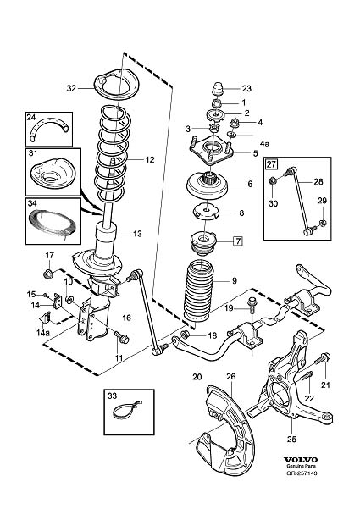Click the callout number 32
click(x=71, y=88)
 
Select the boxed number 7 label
click(x=238, y=241)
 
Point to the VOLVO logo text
click(x=301, y=459)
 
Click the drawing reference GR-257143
click(x=302, y=473)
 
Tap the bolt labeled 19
click(x=252, y=305)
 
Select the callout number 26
click(x=231, y=377)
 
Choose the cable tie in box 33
click(x=127, y=410)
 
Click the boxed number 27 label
click(x=271, y=164)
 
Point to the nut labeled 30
click(x=273, y=180)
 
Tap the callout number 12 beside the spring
click(x=150, y=160)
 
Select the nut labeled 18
click(x=186, y=334)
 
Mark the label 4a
click(x=264, y=143)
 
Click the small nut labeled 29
click(x=323, y=223)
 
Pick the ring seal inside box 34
click(x=53, y=224)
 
